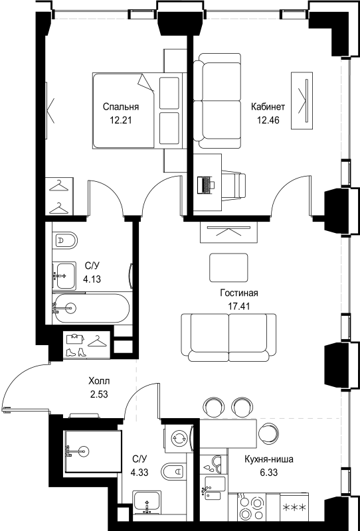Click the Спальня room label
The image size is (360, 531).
[x=120, y=107]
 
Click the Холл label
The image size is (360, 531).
[x=100, y=382]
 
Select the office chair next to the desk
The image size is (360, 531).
[x=233, y=182]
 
